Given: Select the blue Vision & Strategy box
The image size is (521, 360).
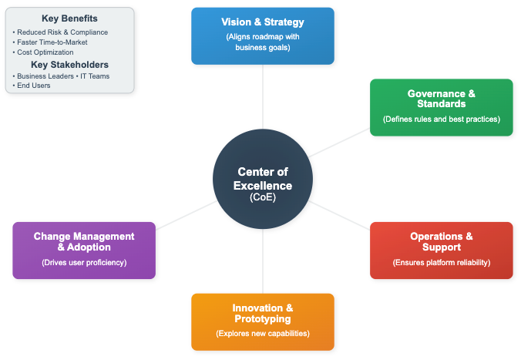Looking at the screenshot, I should point(263,35).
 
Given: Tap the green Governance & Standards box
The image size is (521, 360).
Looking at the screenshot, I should point(441,107).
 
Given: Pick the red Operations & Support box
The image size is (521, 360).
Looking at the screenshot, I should point(441,250).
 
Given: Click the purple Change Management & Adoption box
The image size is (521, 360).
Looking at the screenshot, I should point(84,250).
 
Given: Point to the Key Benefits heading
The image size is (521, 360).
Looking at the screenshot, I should point(69,19).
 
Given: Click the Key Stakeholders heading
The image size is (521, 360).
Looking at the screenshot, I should point(69,65).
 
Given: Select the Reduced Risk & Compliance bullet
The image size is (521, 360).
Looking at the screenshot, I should point(62,32).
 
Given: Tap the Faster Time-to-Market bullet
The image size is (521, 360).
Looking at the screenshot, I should point(55,42).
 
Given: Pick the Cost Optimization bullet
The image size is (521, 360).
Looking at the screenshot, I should point(48,52).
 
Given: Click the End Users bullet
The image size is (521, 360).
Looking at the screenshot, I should point(33,86).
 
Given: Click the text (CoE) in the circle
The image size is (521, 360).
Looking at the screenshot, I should point(263,197).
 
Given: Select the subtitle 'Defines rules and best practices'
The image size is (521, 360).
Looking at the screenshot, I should point(441,119).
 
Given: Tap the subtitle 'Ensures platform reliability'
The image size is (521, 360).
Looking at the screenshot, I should point(441,262).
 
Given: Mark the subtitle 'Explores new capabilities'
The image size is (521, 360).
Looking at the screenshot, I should point(263,334).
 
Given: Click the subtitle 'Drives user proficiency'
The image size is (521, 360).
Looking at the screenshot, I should point(84,262).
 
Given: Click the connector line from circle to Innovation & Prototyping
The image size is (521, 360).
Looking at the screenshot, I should point(263,258).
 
